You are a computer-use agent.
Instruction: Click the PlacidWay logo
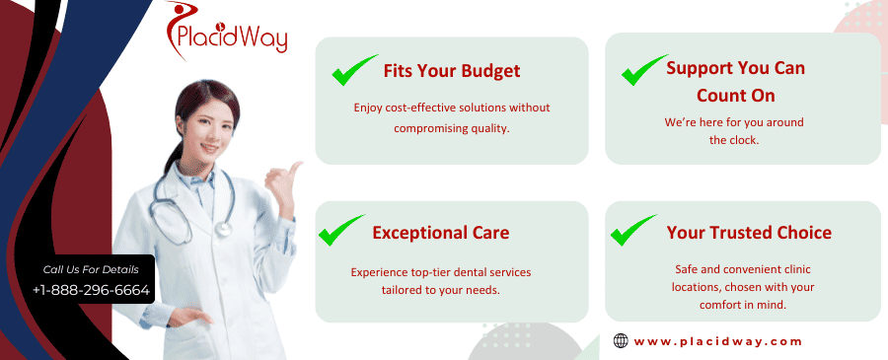[x=227, y=32]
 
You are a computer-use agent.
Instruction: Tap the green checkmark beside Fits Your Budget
[x=354, y=70]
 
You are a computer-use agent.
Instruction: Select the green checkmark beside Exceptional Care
[x=341, y=230]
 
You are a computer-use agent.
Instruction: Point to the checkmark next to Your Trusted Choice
[x=633, y=230]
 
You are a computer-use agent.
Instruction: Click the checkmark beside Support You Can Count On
[x=644, y=70]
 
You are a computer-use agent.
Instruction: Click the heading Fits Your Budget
[x=451, y=71]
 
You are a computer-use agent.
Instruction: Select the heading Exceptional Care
[x=441, y=232]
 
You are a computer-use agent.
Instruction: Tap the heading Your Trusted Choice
[x=749, y=232]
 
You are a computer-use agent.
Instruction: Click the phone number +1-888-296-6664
[x=91, y=290]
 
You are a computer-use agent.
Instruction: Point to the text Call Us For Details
[x=91, y=269]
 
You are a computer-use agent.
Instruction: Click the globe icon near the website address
[x=621, y=340]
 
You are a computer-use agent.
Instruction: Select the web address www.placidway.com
[x=717, y=341]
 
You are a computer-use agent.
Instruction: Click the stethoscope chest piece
[x=223, y=229]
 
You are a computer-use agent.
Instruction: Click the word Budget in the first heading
[x=490, y=71]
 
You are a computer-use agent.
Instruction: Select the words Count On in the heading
[x=735, y=95]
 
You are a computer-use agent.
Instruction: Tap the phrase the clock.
[x=734, y=140]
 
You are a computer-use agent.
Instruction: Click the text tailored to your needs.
[x=441, y=290]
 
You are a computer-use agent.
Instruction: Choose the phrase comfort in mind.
[x=742, y=305]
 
